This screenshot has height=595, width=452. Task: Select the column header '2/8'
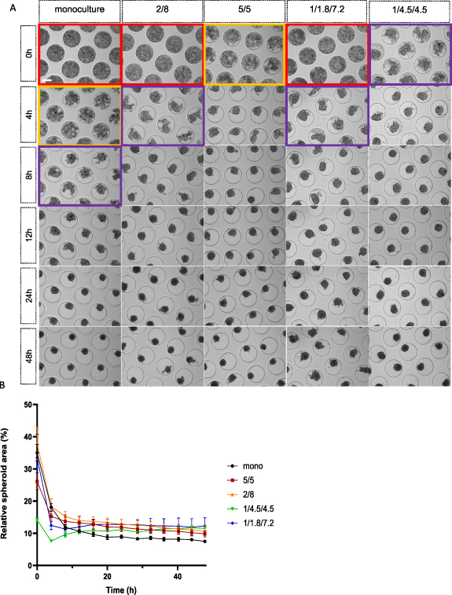pos(162,12)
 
